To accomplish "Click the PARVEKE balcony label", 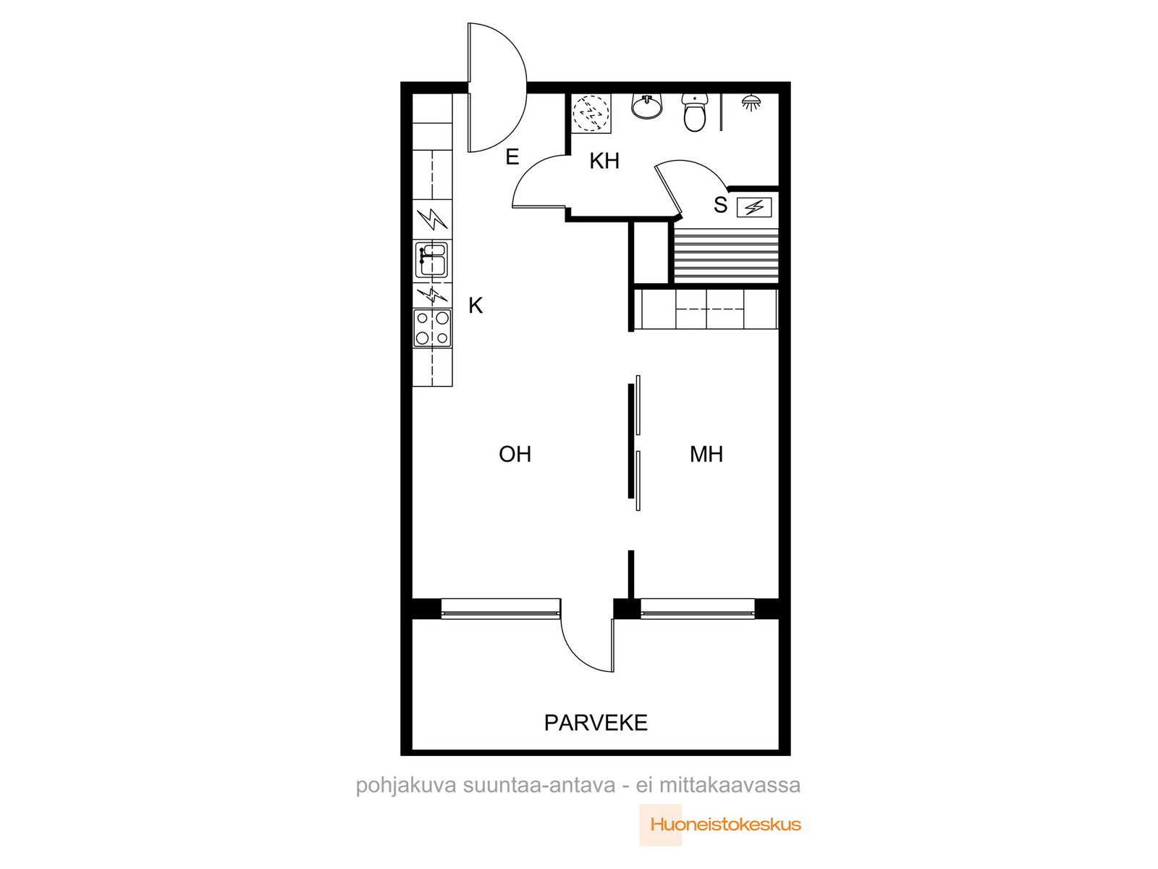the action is [595, 723].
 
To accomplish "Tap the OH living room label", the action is [515, 454].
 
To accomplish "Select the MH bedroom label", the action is [706, 454].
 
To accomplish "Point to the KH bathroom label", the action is [604, 161].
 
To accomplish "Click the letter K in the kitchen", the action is [476, 306].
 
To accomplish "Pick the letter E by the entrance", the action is [512, 156].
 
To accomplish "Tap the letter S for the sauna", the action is [720, 205].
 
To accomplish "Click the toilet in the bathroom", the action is [694, 112].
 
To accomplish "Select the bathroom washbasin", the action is [646, 106].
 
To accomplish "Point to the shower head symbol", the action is [751, 102].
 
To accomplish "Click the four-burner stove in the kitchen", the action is [432, 327].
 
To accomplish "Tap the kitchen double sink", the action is [431, 259].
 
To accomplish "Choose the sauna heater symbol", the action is [754, 207].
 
